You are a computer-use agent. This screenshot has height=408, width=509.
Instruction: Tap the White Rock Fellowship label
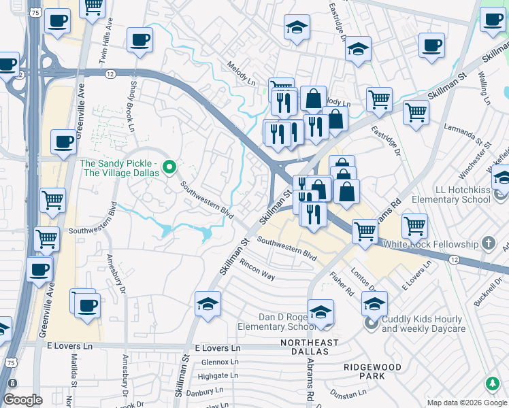[440, 243]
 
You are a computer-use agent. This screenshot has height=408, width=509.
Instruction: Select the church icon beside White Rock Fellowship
[487, 243]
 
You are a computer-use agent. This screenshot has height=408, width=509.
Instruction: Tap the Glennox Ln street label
[217, 362]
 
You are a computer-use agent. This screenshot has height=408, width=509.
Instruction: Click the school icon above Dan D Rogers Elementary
[321, 312]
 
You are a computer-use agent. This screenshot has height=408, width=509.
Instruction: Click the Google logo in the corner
[22, 400]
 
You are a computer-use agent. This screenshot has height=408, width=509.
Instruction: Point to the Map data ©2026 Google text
[466, 403]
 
